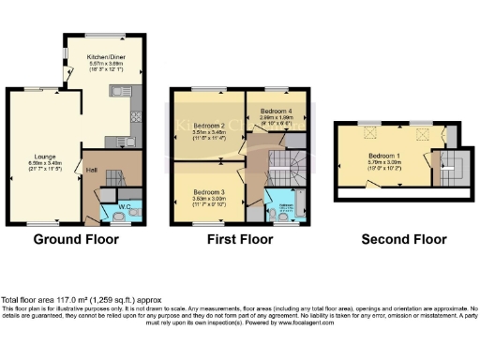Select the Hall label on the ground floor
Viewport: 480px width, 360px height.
tap(90, 170)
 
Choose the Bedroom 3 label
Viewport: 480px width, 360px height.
tap(203, 191)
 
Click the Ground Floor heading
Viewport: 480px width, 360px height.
tap(76, 240)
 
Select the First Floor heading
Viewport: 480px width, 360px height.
tap(240, 240)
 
